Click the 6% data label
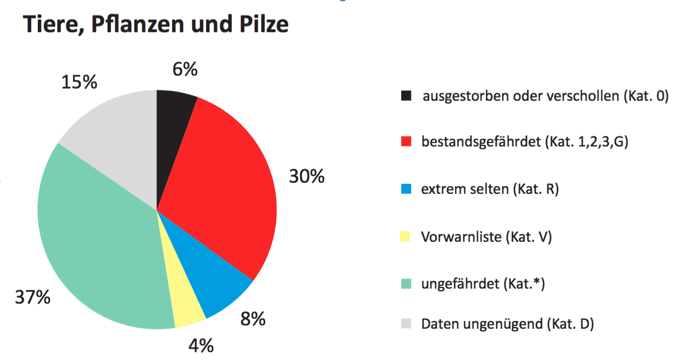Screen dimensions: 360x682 pyautogui.click(x=184, y=70)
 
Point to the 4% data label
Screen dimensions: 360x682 pyautogui.click(x=201, y=346)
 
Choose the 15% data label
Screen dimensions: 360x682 pyautogui.click(x=79, y=82)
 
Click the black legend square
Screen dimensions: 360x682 pyautogui.click(x=406, y=96)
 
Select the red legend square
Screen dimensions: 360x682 pyautogui.click(x=406, y=142)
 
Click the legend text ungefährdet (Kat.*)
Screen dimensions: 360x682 pyautogui.click(x=483, y=284)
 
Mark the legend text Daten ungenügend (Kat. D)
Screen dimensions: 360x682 pyautogui.click(x=507, y=323)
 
